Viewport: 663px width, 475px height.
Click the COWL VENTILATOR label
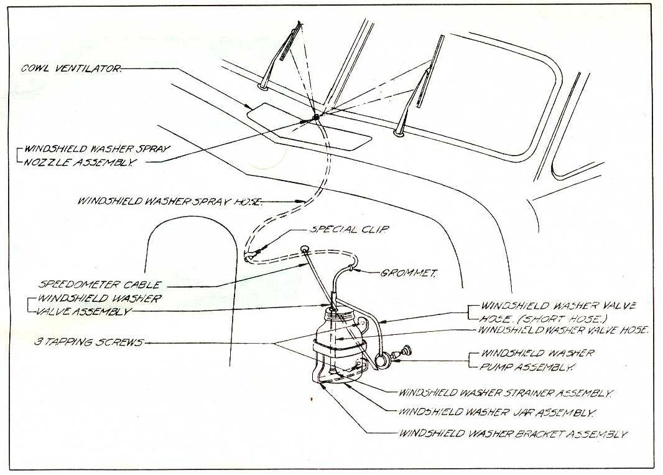point(72,68)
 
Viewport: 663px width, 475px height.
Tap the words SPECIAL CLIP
point(350,229)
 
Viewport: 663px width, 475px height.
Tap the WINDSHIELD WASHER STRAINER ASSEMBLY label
point(506,393)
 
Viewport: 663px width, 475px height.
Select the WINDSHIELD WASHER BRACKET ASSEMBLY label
point(512,434)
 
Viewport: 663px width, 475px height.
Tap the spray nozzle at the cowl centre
point(316,117)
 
